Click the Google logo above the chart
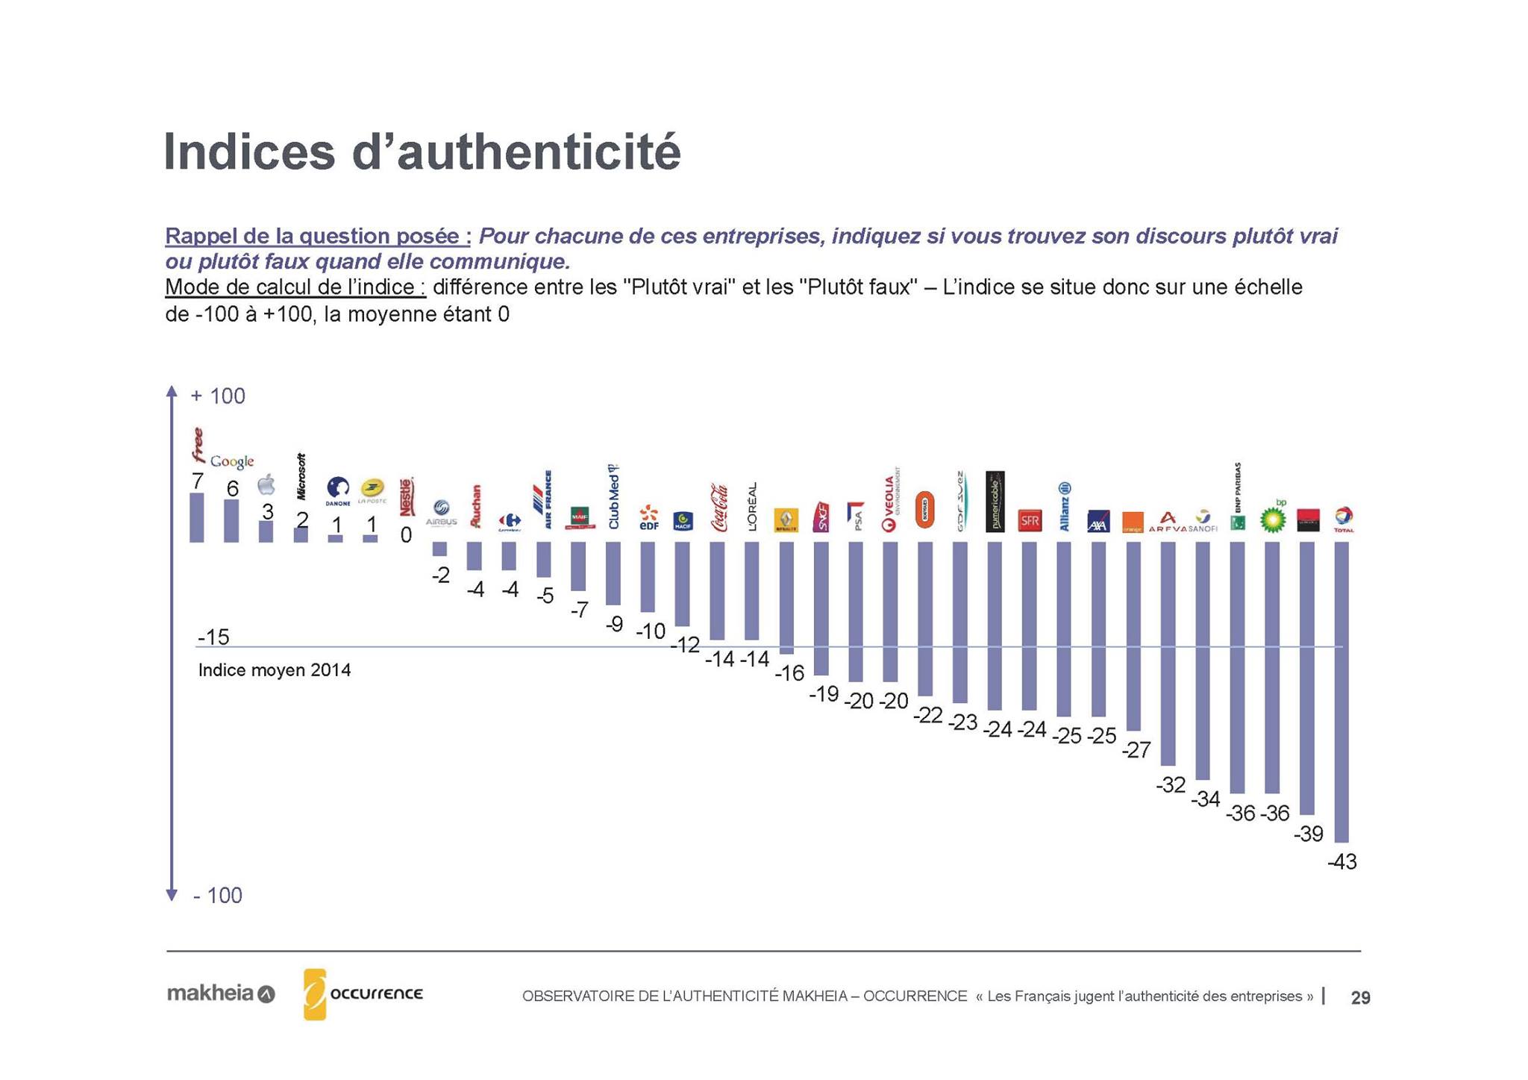click(x=232, y=461)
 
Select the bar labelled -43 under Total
click(x=1341, y=691)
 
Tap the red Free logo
click(x=198, y=445)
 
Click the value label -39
click(x=1308, y=834)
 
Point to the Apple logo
click(x=266, y=485)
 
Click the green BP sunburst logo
click(x=1273, y=519)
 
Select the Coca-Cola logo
click(x=719, y=508)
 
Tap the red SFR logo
click(x=1030, y=521)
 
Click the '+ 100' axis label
click(x=218, y=396)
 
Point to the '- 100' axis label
click(x=218, y=896)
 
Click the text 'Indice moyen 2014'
click(x=274, y=670)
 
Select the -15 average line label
click(x=213, y=637)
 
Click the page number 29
click(x=1360, y=998)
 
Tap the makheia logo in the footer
click(x=221, y=994)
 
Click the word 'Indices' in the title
click(x=249, y=152)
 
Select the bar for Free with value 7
click(x=197, y=517)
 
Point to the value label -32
click(x=1170, y=785)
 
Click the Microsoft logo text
click(x=301, y=476)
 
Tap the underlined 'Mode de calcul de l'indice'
click(x=295, y=287)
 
